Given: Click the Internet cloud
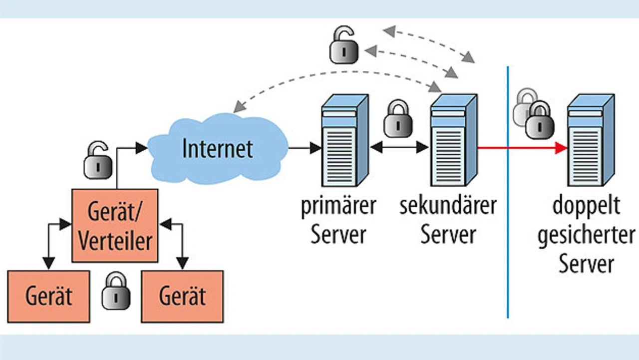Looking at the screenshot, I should coord(218,149).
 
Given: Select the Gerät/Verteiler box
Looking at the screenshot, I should coord(115,225).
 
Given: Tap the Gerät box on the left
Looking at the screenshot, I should coord(49,296).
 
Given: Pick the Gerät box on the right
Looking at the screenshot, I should coord(182,296).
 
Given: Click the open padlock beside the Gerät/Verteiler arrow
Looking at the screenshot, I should coord(97,161).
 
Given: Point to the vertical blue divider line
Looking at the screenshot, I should coord(508,225).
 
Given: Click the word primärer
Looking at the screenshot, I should coord(338,206).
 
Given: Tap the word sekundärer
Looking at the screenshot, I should coord(447,206).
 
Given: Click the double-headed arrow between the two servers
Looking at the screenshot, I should coord(399,147).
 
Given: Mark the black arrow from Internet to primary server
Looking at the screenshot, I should coord(305,148).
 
